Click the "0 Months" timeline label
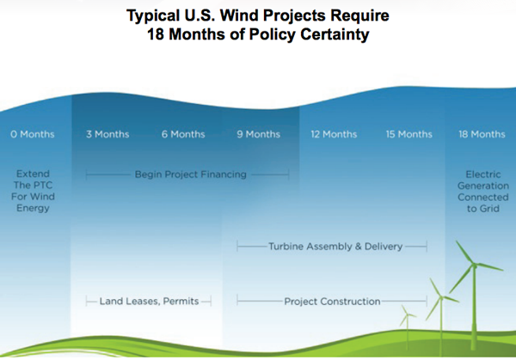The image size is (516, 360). point(33,134)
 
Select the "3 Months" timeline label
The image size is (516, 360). point(107,134)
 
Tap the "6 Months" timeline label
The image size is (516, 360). point(183,134)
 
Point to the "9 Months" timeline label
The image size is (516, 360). point(258,134)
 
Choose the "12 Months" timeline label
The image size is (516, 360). point(334,134)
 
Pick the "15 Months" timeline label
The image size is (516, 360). point(409,134)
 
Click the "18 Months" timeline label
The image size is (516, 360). point(482,134)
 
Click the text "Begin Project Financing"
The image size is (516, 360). point(191,174)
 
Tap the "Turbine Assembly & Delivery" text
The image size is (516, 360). point(335,247)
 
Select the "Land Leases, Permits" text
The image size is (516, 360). point(149,302)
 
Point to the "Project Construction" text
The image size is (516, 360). point(332,302)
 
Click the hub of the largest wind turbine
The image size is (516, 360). point(474,265)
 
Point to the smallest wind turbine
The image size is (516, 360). point(408,326)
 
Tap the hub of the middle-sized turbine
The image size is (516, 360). point(441,297)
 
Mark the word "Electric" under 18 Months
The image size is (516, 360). point(483,174)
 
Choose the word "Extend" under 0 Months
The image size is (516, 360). point(33,174)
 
